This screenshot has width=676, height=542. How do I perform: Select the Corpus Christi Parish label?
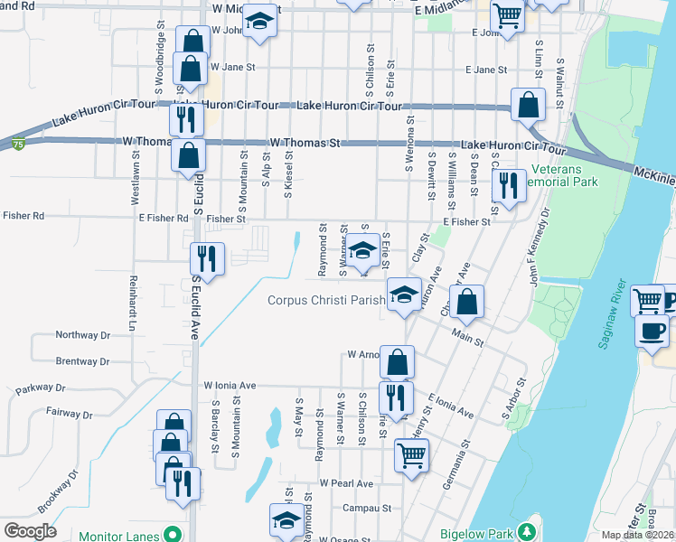327,301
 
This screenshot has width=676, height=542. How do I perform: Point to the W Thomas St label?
305,144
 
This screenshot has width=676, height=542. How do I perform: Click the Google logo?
29,530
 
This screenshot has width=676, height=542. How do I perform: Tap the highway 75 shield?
18,143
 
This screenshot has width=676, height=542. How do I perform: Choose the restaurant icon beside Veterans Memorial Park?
508,185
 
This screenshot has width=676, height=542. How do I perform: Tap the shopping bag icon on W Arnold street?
397,362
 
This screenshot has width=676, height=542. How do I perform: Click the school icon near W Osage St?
286,519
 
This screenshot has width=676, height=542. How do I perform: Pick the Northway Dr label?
82,335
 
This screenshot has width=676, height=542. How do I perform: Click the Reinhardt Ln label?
132,303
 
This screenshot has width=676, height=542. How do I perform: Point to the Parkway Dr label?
41,388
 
